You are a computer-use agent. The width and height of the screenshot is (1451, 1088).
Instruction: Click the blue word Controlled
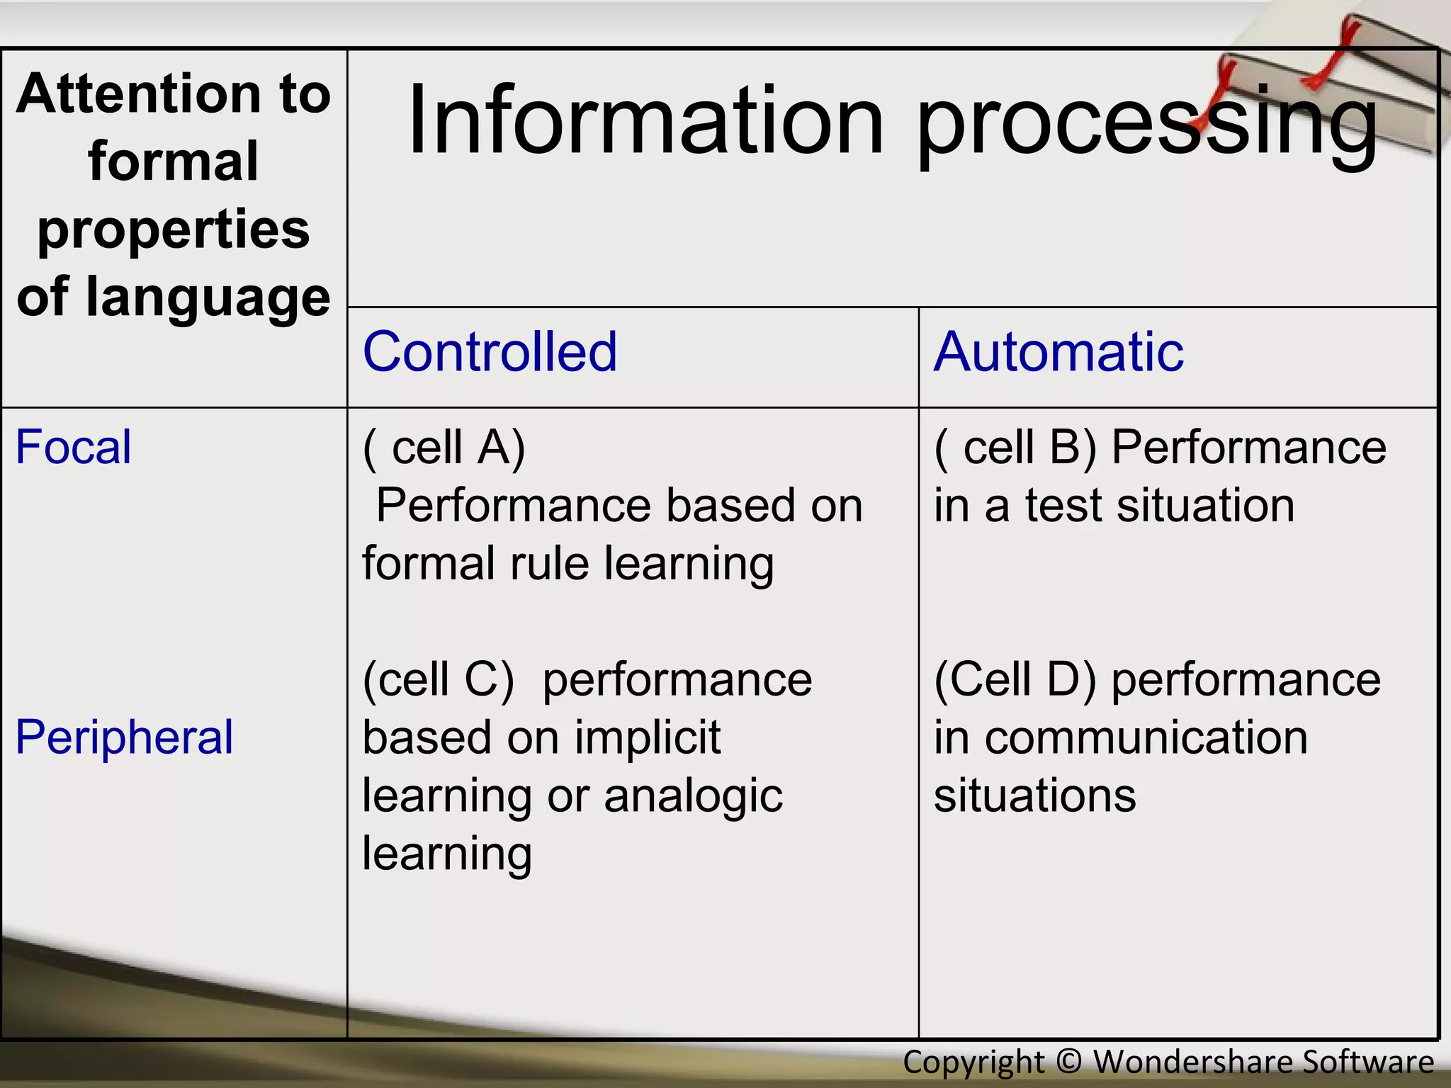click(490, 352)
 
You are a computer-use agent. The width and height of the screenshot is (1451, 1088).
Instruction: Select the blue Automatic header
click(1058, 352)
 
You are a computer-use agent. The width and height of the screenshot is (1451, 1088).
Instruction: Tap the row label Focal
click(73, 448)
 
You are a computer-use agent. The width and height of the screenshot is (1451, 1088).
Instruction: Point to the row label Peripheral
click(124, 737)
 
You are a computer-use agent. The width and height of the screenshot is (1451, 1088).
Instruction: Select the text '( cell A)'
click(444, 448)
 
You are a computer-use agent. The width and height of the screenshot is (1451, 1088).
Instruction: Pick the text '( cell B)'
click(1015, 448)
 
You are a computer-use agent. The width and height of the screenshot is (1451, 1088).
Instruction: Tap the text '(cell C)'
click(438, 680)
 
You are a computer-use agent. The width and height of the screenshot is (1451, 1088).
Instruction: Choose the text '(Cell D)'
click(1015, 680)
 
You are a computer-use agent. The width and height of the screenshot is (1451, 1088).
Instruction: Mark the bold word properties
click(174, 230)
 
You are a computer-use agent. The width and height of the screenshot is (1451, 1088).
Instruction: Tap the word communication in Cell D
click(1146, 738)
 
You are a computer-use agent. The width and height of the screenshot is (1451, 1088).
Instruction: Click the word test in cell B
click(1063, 506)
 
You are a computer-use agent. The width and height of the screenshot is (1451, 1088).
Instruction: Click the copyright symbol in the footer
click(1068, 1062)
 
